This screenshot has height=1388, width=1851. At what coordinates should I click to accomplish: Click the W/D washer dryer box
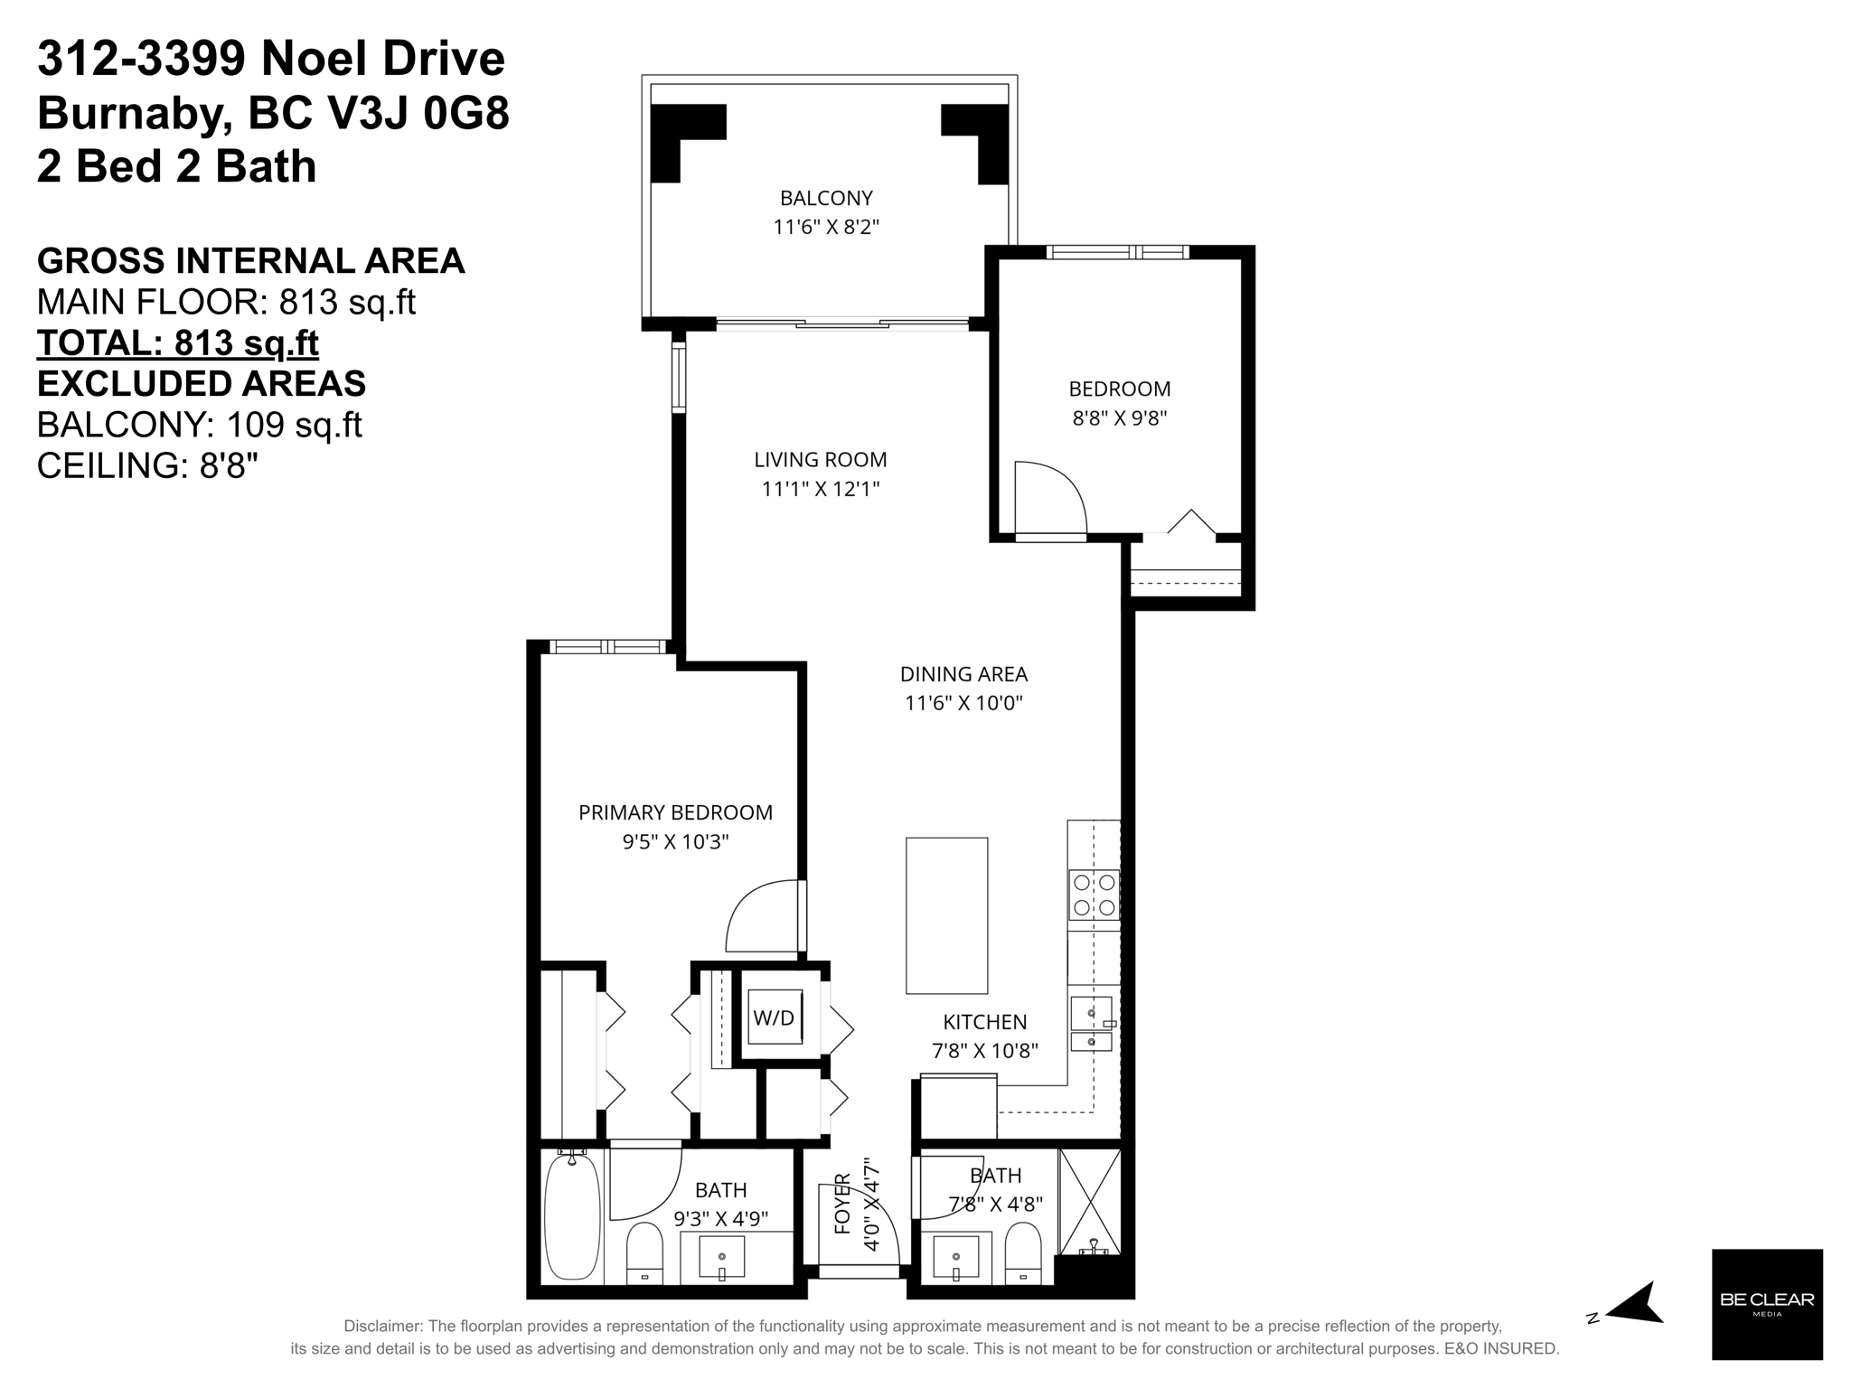coord(775,1018)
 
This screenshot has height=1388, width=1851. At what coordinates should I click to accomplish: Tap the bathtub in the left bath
coord(572,1214)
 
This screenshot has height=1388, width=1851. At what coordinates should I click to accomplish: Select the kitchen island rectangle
coord(946,915)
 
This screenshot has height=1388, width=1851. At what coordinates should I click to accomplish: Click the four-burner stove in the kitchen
coord(1094,895)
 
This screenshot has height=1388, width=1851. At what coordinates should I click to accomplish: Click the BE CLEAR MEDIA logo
coord(1767,1303)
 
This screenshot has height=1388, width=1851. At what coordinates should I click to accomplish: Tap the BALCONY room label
coord(826,198)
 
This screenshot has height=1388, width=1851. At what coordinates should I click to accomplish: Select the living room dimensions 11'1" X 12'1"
coord(820,490)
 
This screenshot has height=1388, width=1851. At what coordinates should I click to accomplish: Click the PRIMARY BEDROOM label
coord(675,812)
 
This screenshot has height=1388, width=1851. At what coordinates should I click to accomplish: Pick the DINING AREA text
coord(963,674)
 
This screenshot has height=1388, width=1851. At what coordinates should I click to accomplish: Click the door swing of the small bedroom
coord(1048,499)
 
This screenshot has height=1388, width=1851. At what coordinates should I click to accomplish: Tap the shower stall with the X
coord(1089,1201)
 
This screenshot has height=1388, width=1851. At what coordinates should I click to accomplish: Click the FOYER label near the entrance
coord(842,1203)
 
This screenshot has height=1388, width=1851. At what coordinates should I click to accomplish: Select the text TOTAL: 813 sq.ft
coord(178,343)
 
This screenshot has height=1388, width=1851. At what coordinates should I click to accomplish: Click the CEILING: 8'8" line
coord(147,466)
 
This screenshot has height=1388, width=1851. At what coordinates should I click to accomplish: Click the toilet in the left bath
coord(644,1252)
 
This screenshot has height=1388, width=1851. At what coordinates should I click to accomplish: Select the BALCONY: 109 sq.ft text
coord(199,425)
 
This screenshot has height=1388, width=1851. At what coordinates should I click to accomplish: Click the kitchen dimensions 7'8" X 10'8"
coord(984,1051)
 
